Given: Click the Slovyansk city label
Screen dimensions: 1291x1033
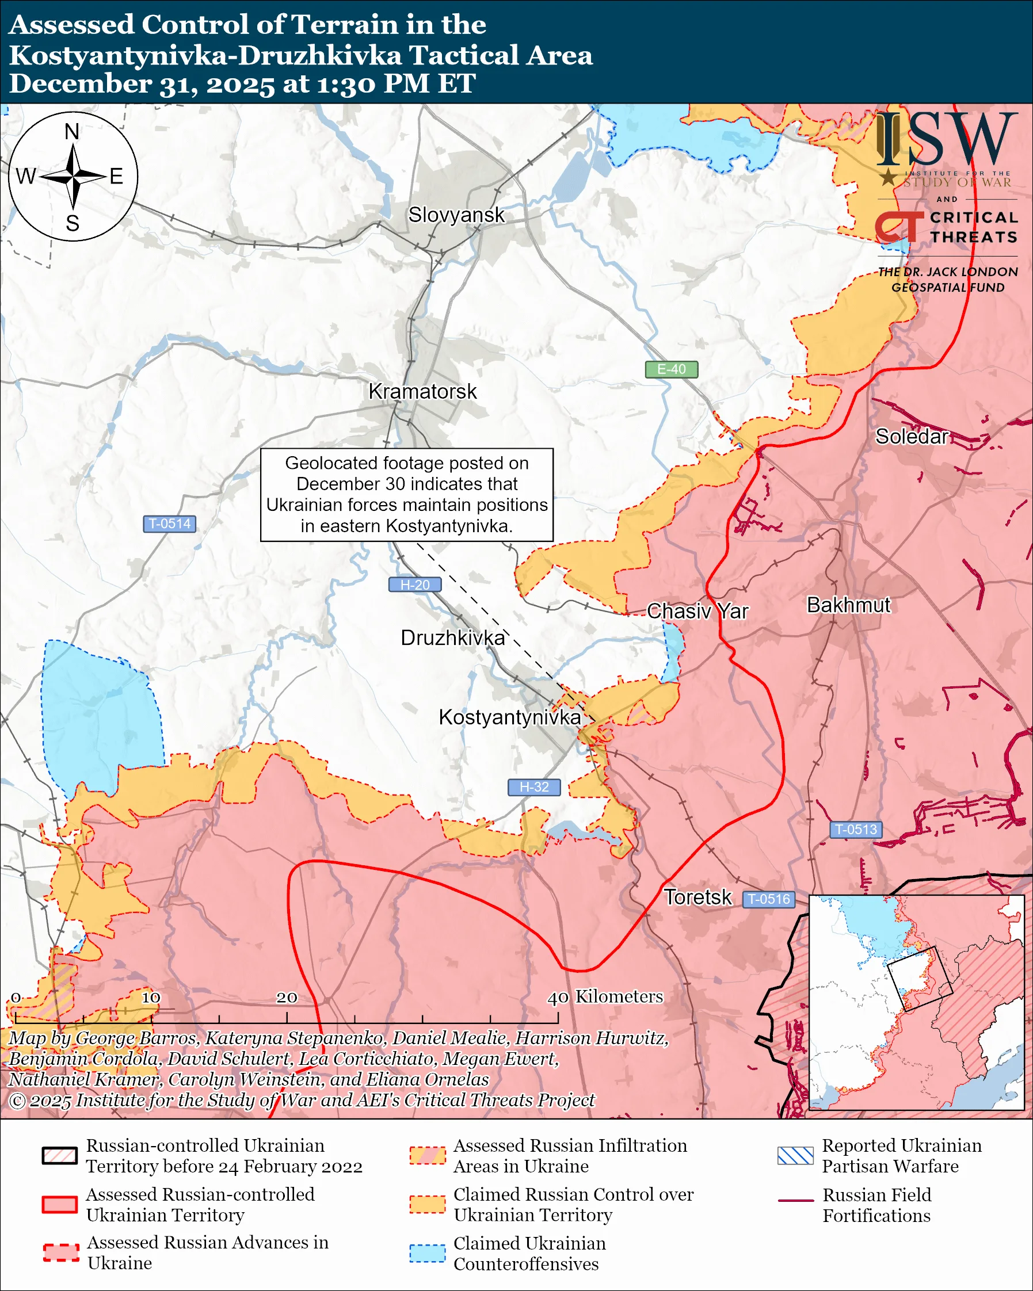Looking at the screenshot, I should tap(456, 215).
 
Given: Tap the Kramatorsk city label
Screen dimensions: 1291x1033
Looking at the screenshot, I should tap(422, 392).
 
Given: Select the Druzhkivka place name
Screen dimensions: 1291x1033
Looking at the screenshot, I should tap(453, 637).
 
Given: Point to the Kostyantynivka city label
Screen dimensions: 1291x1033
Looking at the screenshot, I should tap(510, 717).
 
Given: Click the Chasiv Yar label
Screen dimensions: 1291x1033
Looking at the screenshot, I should tap(697, 612).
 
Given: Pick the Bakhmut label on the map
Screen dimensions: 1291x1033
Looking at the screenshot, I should tap(849, 605).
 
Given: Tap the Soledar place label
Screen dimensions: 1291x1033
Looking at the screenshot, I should tap(912, 437).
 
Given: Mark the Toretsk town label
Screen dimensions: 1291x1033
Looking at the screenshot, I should tap(697, 897).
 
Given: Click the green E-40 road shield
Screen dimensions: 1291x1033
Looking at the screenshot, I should tap(671, 369).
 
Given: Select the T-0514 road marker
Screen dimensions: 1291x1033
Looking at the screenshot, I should tap(169, 524).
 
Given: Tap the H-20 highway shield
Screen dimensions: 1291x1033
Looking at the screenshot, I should tap(415, 585).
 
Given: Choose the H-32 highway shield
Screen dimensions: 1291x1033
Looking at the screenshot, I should tap(534, 787).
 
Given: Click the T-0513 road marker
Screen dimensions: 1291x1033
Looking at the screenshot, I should tap(856, 830).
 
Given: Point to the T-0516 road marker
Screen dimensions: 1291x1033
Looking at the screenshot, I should tap(769, 899).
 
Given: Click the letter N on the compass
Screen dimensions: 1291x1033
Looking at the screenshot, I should tap(72, 132).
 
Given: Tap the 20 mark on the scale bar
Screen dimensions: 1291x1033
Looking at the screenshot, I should tap(287, 998).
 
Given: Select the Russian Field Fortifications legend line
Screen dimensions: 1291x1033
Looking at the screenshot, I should tap(796, 1201).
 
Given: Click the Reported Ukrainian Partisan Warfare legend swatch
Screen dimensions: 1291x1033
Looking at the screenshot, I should tap(795, 1156).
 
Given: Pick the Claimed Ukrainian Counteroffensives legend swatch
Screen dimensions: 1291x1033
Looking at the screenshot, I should tap(428, 1253).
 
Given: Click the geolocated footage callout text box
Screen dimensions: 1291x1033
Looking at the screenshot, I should tap(407, 495).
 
